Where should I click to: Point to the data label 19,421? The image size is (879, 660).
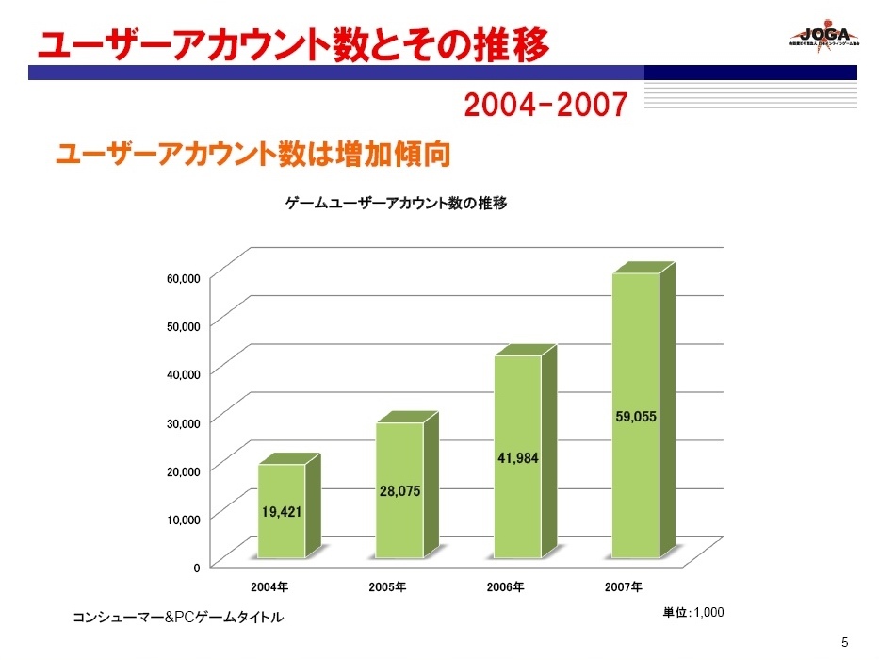click(x=282, y=513)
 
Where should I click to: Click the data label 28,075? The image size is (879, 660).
click(x=400, y=490)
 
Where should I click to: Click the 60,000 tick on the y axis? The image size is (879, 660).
click(x=184, y=278)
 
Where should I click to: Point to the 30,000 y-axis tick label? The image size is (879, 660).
click(x=184, y=422)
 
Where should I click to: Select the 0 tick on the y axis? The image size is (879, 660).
click(x=196, y=567)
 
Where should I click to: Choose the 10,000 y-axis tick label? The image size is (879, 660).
click(x=184, y=519)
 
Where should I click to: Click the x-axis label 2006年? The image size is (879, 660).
click(x=505, y=587)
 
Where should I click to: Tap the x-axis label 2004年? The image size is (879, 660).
click(x=269, y=587)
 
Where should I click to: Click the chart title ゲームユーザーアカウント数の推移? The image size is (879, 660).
click(x=397, y=203)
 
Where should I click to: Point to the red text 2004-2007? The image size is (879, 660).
click(x=545, y=106)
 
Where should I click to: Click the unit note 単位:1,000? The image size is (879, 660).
click(x=693, y=613)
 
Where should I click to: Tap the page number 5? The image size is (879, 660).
click(x=844, y=643)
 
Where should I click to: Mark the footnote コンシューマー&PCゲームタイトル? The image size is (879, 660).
click(x=178, y=618)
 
